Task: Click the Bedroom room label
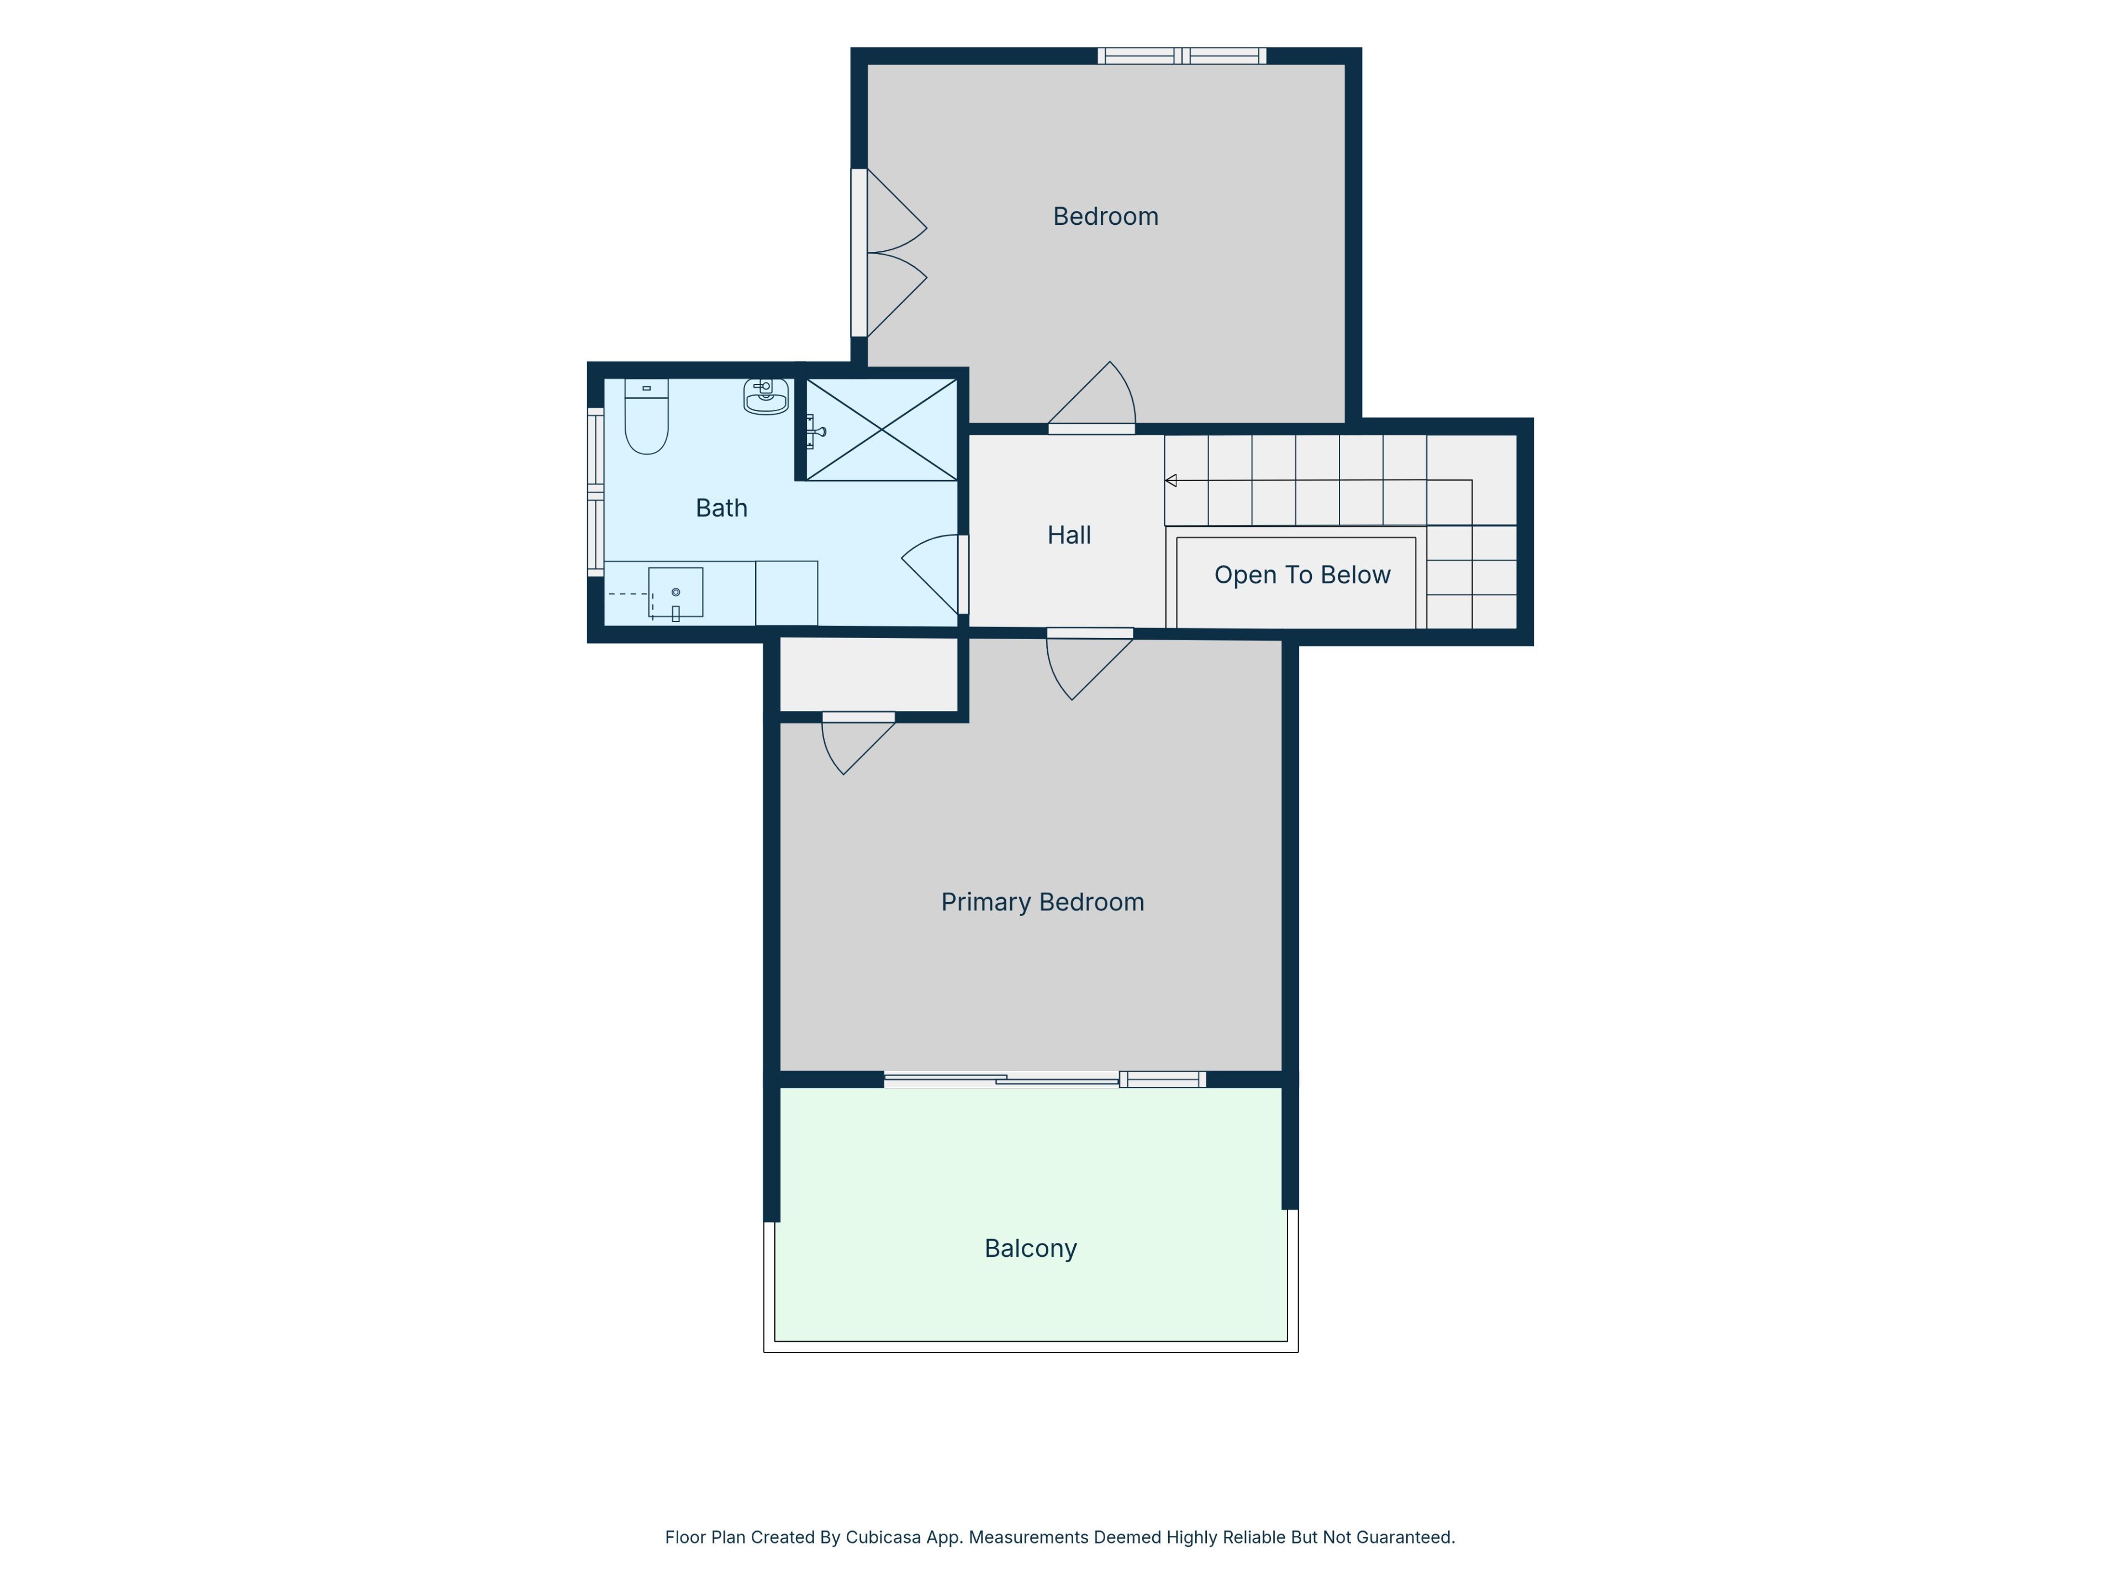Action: click(1106, 217)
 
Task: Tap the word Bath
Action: click(721, 508)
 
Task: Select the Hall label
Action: click(1069, 535)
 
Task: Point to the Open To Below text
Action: click(1302, 576)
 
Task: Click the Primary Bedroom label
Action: click(1042, 903)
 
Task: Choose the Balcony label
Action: click(1031, 1248)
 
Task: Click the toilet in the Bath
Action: click(646, 416)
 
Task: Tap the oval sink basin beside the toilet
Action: click(766, 396)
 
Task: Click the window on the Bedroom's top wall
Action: click(1181, 56)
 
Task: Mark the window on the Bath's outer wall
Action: click(595, 493)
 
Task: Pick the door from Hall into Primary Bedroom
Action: click(1089, 663)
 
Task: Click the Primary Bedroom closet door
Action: click(858, 743)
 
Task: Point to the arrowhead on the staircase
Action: click(1171, 481)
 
